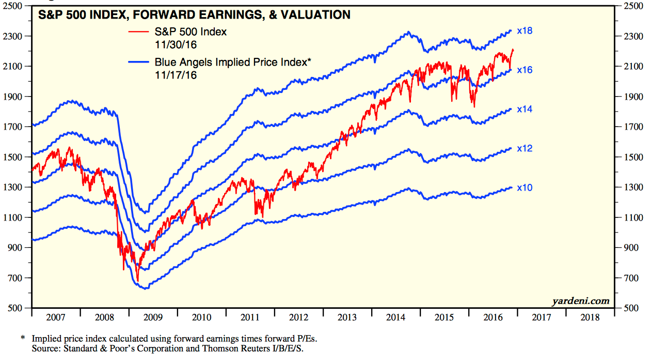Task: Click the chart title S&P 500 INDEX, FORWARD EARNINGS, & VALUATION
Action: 195,15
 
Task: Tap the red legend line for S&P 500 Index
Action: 140,32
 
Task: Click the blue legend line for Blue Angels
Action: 140,62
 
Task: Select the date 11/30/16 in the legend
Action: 173,44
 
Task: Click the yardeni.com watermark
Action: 581,301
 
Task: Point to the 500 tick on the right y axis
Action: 630,308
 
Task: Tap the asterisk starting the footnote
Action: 23,338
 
